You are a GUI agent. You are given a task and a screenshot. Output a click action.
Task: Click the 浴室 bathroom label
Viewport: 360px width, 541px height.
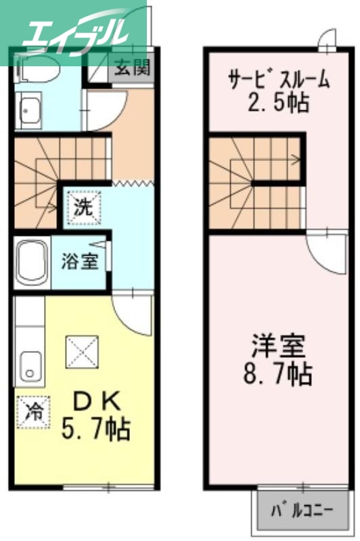80,261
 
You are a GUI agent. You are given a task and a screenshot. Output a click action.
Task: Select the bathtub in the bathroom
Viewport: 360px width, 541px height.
31,263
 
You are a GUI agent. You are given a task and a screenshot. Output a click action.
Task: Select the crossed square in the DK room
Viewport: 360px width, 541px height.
82,352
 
